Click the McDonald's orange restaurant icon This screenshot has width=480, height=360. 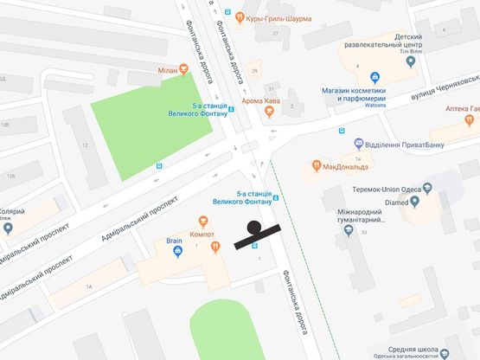[317, 165]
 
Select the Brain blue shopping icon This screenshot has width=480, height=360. [178, 252]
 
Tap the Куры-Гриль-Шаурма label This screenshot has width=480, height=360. [277, 19]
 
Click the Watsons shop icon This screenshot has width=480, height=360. [374, 75]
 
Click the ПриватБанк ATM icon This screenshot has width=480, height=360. [358, 143]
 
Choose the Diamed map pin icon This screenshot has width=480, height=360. [414, 203]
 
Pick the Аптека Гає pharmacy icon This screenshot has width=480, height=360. [473, 108]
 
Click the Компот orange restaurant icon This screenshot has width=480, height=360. [202, 222]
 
